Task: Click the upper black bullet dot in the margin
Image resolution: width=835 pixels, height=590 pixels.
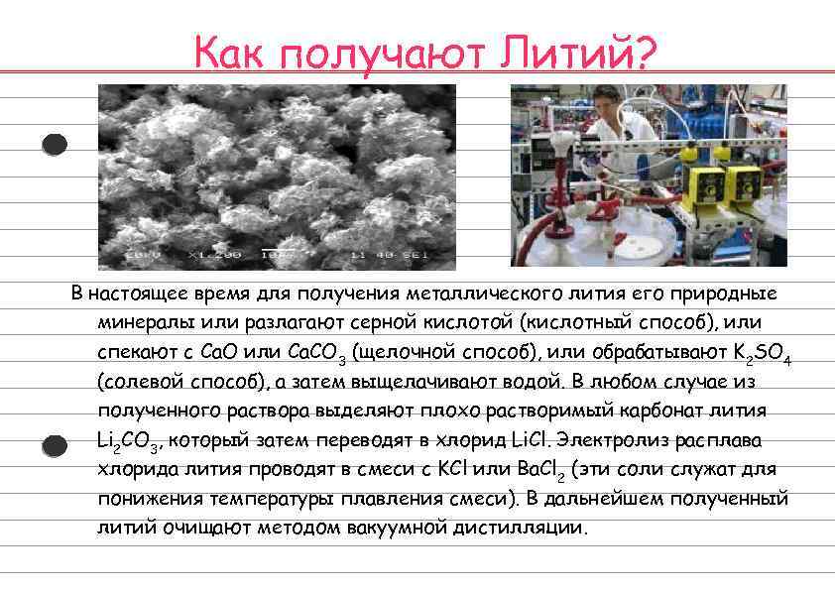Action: tap(56, 145)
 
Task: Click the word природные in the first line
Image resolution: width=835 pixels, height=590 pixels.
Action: tap(728, 295)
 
